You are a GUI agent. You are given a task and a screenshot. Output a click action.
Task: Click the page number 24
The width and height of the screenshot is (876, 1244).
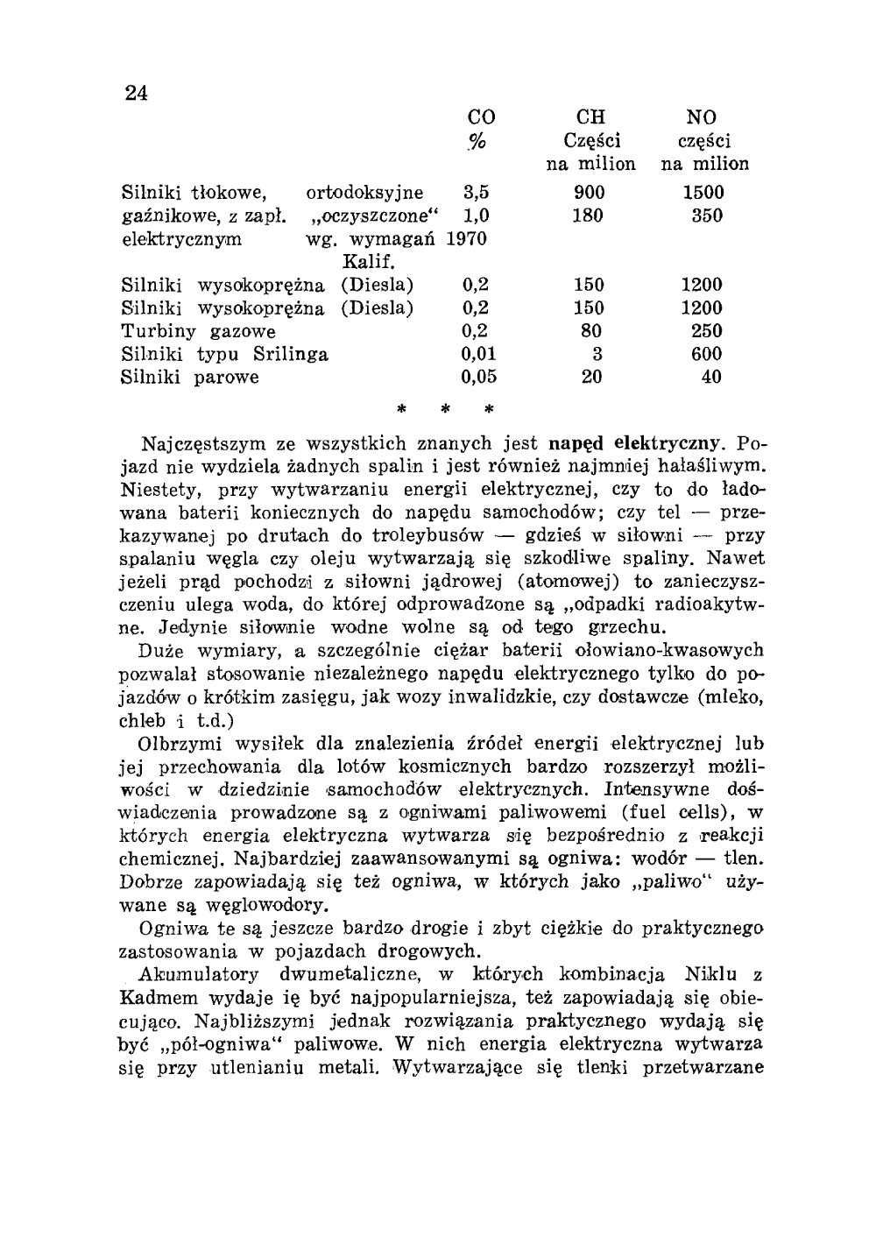135,94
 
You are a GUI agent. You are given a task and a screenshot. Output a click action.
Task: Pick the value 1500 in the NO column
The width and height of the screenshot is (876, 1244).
703,193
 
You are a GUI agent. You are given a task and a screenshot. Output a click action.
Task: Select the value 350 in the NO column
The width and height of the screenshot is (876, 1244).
706,216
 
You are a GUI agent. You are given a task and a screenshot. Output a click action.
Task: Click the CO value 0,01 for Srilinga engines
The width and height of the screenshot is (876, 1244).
479,354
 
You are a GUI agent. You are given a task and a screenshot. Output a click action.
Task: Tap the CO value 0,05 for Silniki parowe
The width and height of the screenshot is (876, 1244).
479,378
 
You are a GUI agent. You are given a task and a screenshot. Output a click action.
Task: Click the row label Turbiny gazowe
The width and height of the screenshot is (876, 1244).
198,331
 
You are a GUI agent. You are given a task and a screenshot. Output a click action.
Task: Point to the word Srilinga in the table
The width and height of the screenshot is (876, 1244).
291,354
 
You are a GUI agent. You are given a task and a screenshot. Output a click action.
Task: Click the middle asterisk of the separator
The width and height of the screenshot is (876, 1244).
445,408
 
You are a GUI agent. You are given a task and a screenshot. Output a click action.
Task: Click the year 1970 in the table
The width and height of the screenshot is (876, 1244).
467,239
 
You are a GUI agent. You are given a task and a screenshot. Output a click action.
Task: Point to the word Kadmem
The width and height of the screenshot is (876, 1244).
153,999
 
